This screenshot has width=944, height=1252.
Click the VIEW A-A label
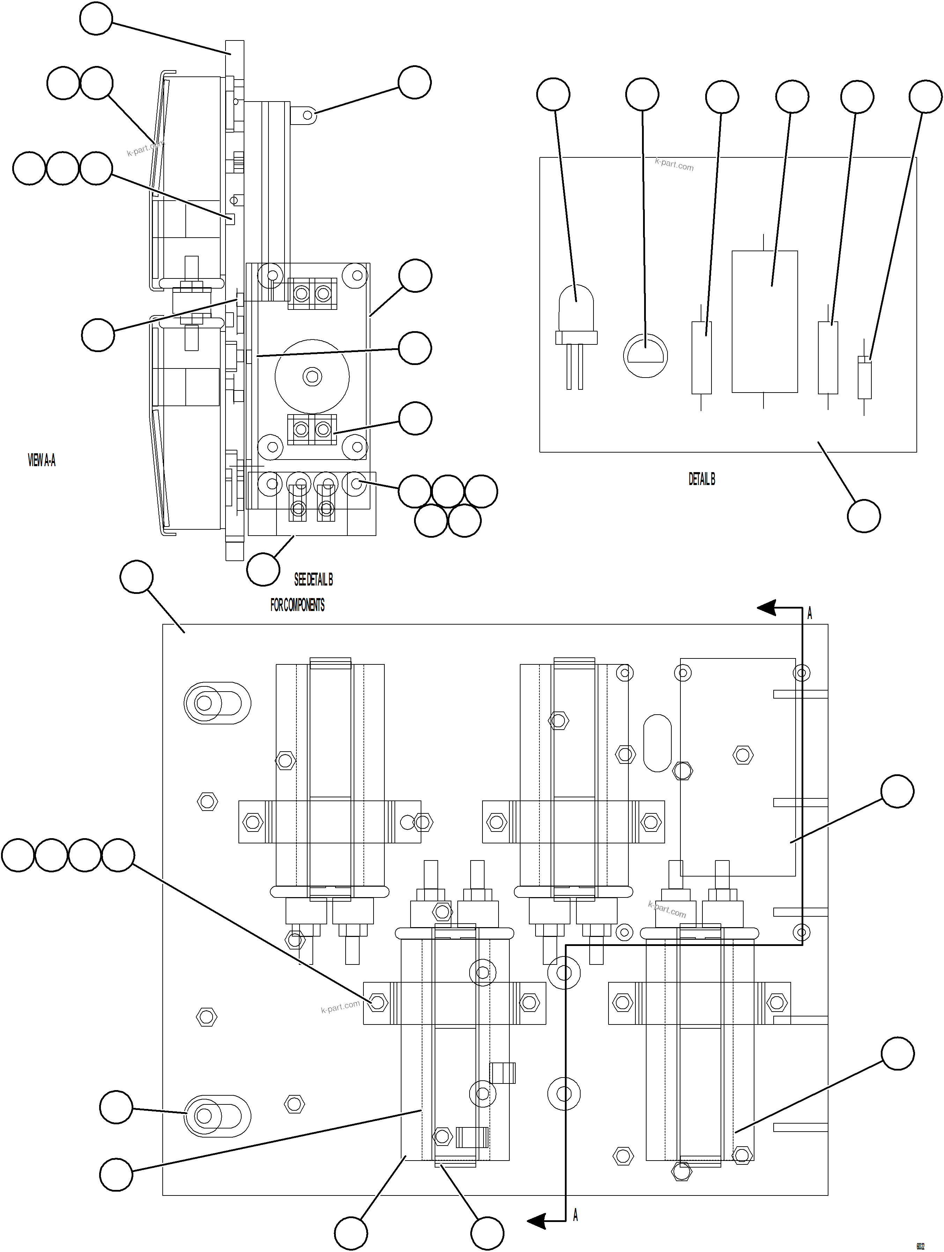click(x=41, y=460)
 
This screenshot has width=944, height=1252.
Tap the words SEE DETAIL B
click(x=313, y=580)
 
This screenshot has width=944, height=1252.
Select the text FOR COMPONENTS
click(x=297, y=605)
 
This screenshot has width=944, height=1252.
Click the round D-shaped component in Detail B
click(x=646, y=356)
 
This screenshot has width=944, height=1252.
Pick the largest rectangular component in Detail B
click(x=765, y=321)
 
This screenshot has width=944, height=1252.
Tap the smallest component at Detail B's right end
click(x=864, y=378)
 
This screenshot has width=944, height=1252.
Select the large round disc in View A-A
click(x=312, y=376)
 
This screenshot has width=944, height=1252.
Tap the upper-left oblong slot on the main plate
click(x=217, y=703)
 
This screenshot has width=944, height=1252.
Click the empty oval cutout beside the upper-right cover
click(x=657, y=743)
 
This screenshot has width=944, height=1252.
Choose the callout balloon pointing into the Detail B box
click(x=864, y=516)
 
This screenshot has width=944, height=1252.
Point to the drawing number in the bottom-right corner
click(x=920, y=1246)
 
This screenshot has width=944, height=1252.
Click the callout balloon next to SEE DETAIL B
click(x=263, y=569)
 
